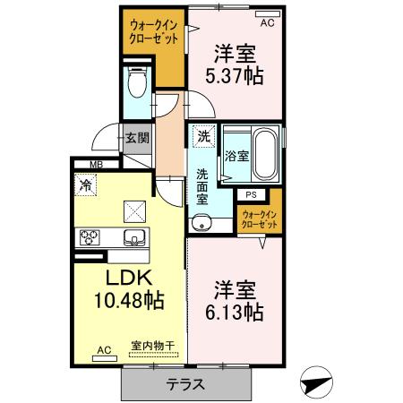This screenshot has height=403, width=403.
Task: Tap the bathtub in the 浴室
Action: click(266, 153)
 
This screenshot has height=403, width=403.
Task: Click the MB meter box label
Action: click(96, 164)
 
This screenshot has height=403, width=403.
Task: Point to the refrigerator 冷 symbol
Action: click(86, 185)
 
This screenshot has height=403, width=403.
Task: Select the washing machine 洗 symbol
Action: click(204, 137)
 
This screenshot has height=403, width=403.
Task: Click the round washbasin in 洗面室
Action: click(200, 223)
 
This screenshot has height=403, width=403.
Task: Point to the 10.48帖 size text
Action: click(126, 300)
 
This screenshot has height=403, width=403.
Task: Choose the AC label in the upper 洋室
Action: click(268, 13)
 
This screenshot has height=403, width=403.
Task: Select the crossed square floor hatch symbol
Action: click(137, 210)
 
